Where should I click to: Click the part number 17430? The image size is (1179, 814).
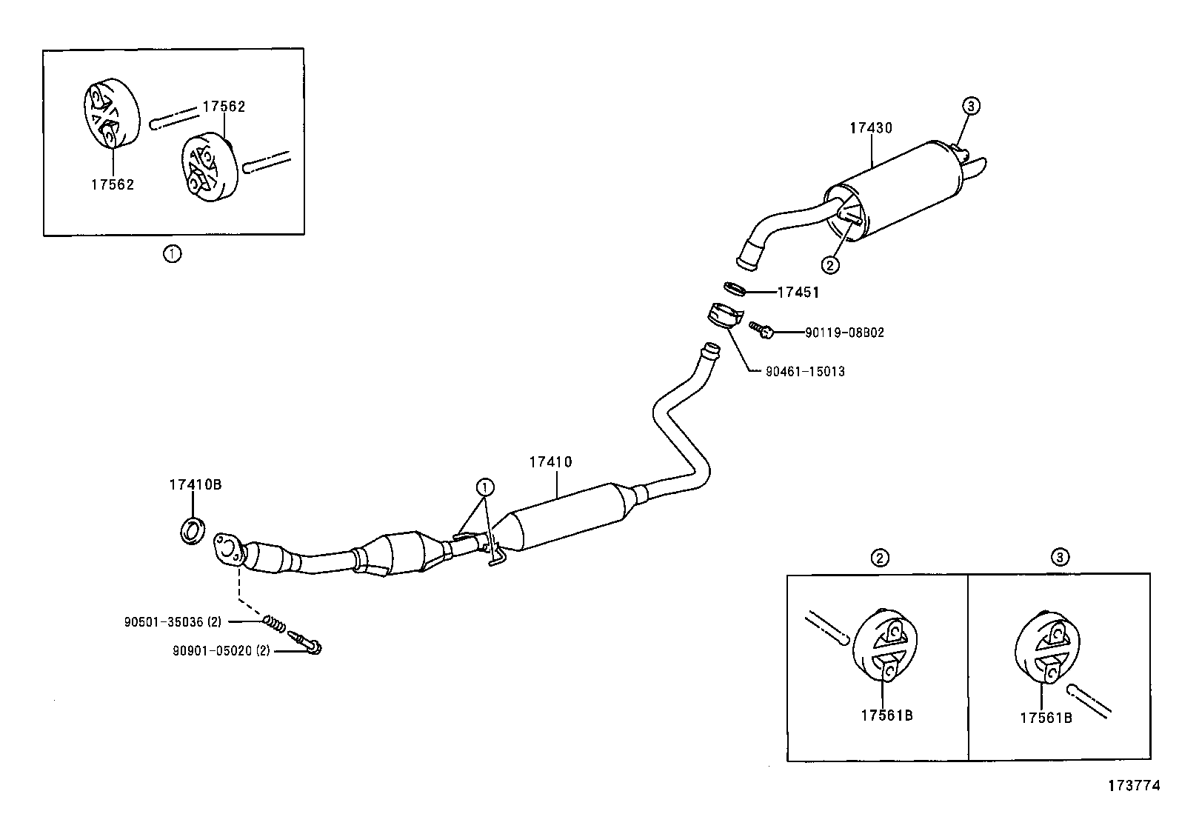tap(870, 128)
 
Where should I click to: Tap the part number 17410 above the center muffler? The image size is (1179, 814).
tap(550, 462)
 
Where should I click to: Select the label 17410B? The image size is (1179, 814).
tap(195, 485)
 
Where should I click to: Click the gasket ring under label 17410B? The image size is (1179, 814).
tap(192, 531)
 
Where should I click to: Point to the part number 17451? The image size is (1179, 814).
tap(798, 293)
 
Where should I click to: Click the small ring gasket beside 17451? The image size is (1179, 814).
tap(734, 288)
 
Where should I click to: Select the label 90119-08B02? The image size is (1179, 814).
tap(844, 333)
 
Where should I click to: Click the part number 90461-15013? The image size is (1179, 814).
tap(805, 371)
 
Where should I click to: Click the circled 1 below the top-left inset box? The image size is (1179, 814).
tap(172, 254)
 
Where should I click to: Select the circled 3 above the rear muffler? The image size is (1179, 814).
tap(971, 106)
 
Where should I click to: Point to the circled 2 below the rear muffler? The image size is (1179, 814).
tap(830, 264)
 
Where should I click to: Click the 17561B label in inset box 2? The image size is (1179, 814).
tap(886, 715)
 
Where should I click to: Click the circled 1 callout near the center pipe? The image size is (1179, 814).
tap(484, 487)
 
